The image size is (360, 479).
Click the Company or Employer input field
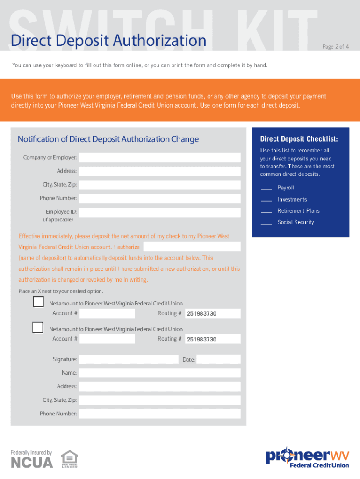point(159,158)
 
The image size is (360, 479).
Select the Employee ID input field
point(159,212)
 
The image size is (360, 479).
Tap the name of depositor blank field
point(192,247)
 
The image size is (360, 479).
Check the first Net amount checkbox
point(38,302)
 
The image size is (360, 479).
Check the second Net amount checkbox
point(38,327)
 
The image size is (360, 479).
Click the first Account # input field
point(107,313)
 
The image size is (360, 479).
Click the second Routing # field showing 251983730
point(213,339)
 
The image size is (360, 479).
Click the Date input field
point(218,359)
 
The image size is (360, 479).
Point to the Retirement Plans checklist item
point(298,211)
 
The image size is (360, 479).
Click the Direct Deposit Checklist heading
point(299,139)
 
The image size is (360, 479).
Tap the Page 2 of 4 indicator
point(335,47)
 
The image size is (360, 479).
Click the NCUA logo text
point(32,462)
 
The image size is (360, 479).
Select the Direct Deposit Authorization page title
point(108,41)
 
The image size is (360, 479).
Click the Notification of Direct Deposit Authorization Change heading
point(108,139)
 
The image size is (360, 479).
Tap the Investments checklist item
point(292,200)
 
